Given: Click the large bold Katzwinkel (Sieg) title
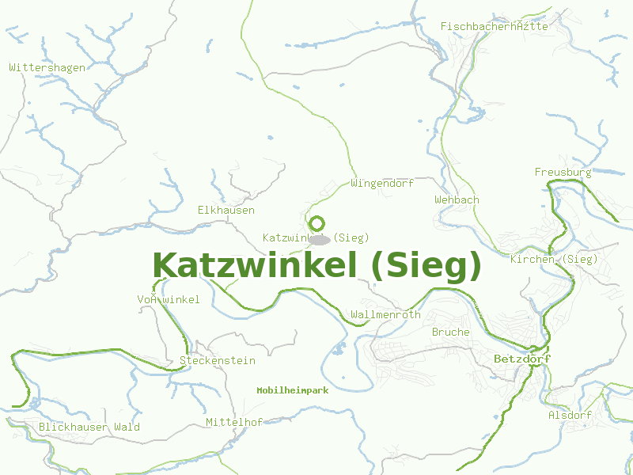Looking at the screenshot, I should (x=316, y=266).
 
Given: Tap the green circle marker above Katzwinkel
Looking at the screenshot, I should (x=316, y=223).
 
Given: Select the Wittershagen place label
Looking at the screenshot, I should (x=47, y=67).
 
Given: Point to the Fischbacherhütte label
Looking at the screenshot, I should (x=494, y=26).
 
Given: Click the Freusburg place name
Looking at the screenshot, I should (x=563, y=172).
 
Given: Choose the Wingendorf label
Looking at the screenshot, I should (x=381, y=184).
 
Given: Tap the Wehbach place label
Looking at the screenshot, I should (x=457, y=199).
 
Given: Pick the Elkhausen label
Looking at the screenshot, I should (x=226, y=210).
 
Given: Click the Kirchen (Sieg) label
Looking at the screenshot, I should (x=554, y=259).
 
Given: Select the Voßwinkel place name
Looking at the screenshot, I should (x=169, y=299).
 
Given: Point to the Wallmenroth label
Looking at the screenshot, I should (x=385, y=314).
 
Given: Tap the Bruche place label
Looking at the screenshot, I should (x=450, y=332).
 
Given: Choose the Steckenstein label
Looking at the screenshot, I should (x=218, y=360).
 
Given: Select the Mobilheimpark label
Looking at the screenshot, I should (x=292, y=390).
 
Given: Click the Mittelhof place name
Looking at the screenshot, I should (x=233, y=422).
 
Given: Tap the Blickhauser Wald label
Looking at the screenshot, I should (x=89, y=427).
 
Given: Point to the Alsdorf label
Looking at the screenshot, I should (x=570, y=415).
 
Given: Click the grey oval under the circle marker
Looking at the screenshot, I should (x=320, y=239).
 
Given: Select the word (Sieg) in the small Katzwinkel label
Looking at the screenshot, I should (x=351, y=237).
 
